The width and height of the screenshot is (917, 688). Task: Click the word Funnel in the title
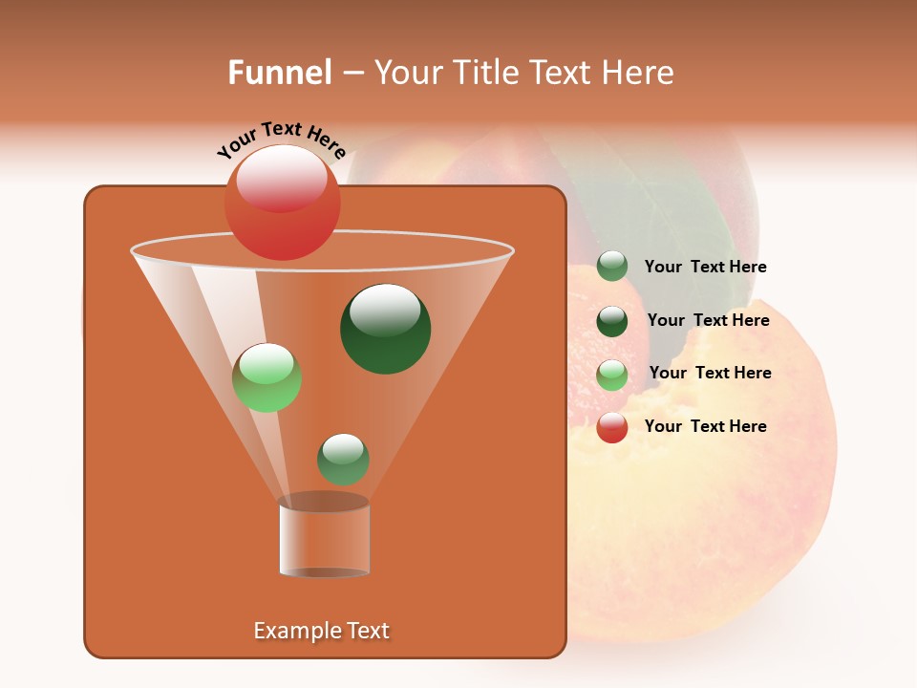(279, 73)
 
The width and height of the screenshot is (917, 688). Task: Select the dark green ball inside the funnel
(385, 329)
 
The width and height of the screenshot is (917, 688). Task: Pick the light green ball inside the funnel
(267, 377)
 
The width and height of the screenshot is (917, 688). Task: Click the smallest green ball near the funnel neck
(343, 459)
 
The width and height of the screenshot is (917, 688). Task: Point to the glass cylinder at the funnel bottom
(324, 537)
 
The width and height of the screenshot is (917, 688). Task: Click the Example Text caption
(322, 631)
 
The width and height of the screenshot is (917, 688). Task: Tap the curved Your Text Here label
(281, 140)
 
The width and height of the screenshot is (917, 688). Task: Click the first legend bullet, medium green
(612, 267)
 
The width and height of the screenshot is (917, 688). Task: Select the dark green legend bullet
(612, 321)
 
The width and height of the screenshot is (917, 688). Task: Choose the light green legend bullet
(612, 375)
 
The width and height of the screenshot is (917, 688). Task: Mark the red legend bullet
(612, 427)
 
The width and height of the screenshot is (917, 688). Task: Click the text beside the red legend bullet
(705, 426)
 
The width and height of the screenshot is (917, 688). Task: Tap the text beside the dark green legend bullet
(708, 320)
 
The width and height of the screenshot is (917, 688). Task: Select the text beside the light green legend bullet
(710, 373)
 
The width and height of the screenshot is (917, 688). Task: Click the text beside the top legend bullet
(705, 267)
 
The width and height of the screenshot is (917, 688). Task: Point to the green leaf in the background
(659, 210)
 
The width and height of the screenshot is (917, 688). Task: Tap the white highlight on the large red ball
(281, 177)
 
